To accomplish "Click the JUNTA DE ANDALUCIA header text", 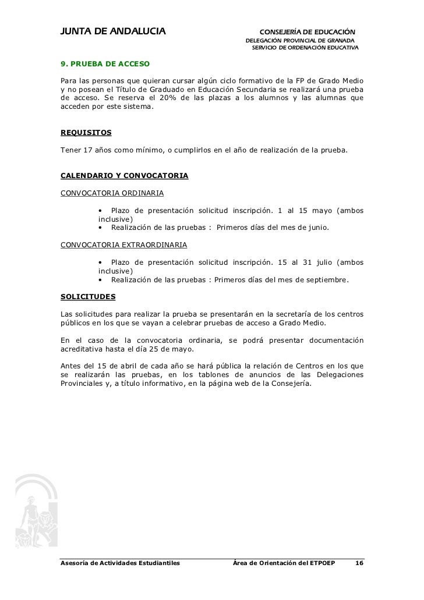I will [x=114, y=30].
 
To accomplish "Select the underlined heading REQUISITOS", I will [x=86, y=133].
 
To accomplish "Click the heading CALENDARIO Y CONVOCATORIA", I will [x=124, y=175].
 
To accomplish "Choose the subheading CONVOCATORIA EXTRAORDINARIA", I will [x=124, y=244].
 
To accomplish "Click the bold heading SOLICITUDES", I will [x=88, y=296].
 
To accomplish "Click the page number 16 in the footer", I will [x=359, y=563].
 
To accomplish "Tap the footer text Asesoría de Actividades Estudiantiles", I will [x=121, y=563].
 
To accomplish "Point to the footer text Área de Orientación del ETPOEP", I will [x=284, y=563].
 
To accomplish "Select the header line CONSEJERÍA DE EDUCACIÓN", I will [x=307, y=31].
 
